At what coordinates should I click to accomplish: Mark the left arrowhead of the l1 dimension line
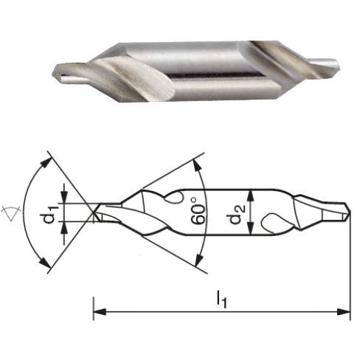(97, 311)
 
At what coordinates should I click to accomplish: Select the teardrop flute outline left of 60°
(178, 198)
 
